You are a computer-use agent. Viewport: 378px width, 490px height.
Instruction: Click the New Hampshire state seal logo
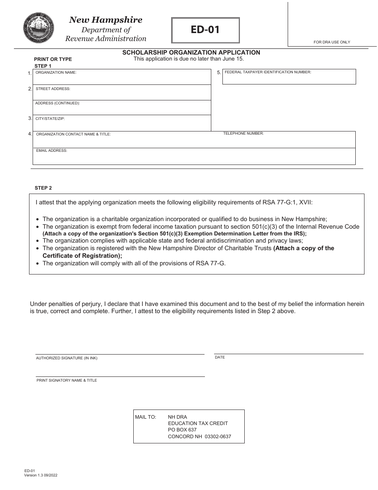coord(39,28)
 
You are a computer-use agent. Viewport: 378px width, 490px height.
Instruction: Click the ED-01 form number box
coord(205,30)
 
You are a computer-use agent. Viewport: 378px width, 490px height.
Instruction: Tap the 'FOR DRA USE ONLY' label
coord(332,42)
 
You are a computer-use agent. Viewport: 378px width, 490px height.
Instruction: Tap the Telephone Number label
coord(244,134)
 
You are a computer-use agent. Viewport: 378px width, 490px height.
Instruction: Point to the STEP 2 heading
coord(43,188)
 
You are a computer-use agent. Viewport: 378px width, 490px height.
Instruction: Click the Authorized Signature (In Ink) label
coord(66,358)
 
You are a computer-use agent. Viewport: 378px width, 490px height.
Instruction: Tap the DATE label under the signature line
coord(220,357)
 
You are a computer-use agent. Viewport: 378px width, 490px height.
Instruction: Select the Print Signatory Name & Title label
coord(67,380)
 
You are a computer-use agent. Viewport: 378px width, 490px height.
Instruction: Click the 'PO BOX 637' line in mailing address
coord(182,430)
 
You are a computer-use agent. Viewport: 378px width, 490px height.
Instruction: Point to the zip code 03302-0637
coord(218,437)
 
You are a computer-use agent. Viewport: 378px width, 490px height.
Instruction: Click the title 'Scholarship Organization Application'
coord(191,53)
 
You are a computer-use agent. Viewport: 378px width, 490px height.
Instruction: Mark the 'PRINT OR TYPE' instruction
coord(53,59)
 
